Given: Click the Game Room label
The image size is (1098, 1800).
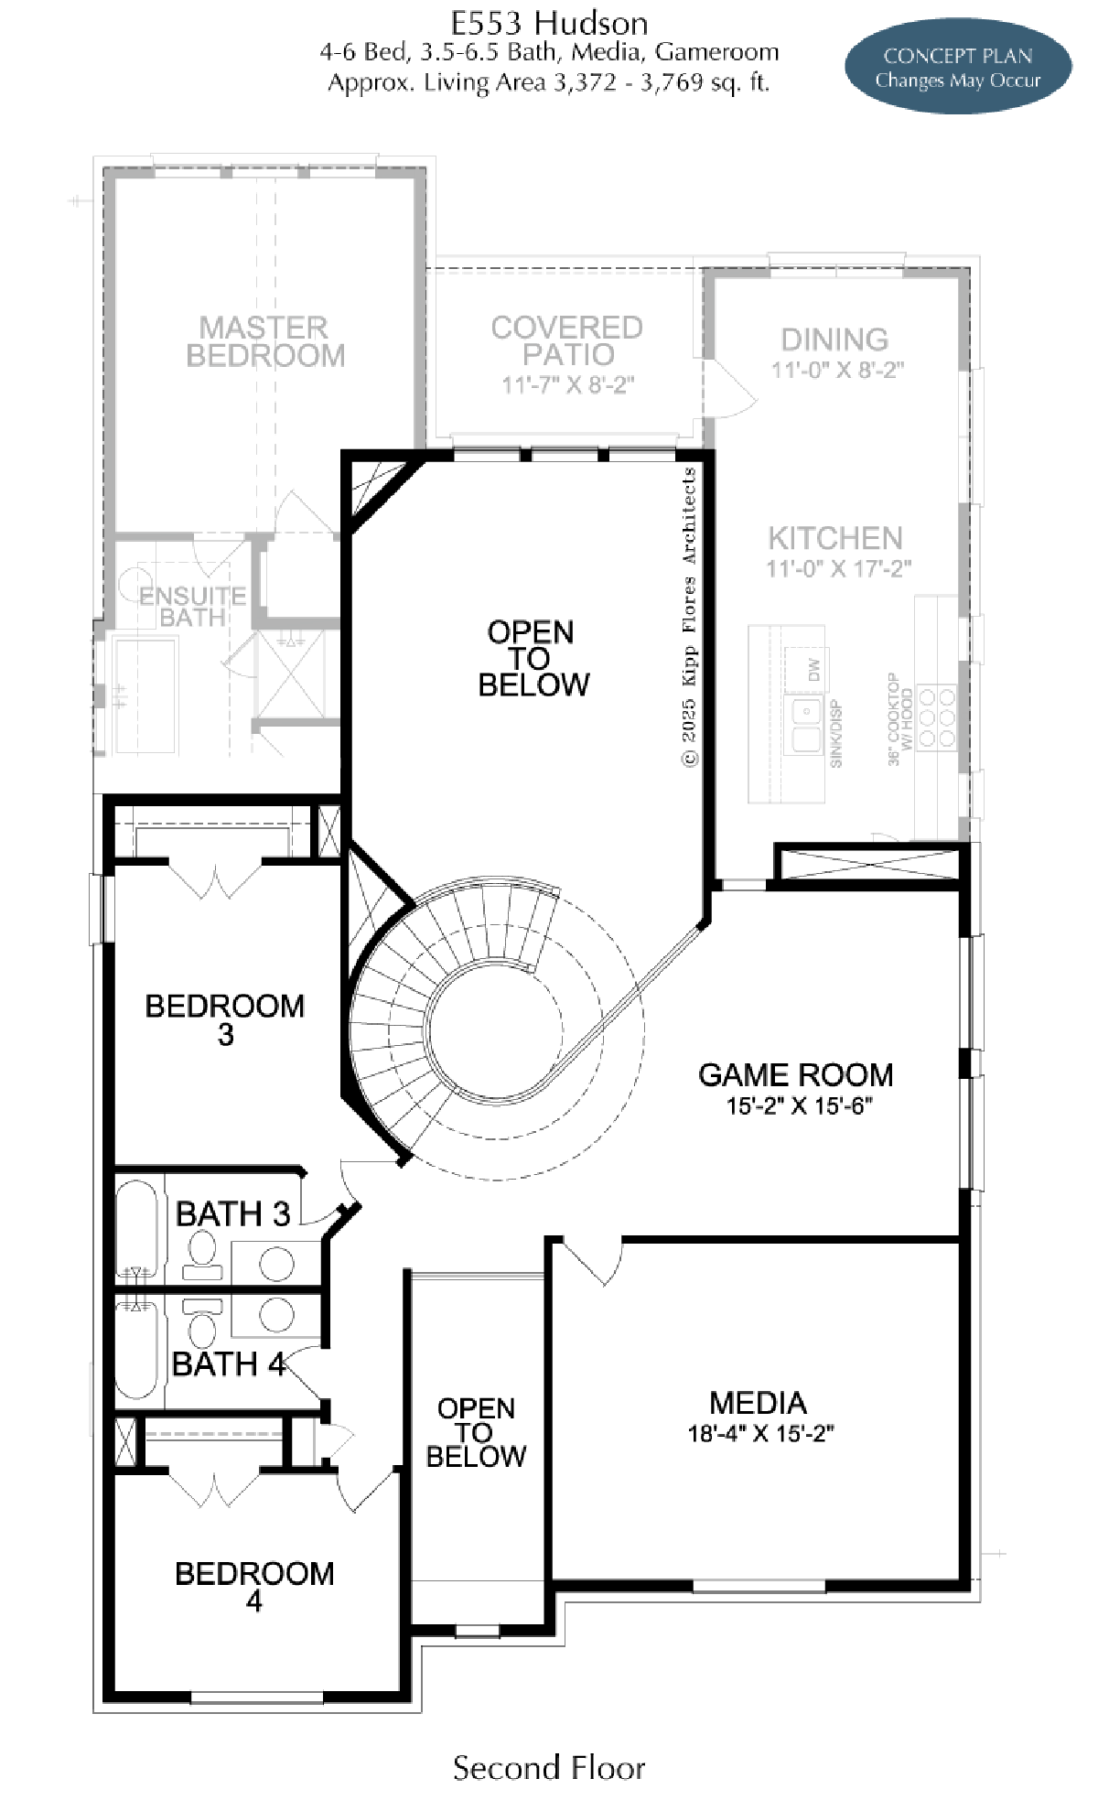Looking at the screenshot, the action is (x=795, y=1074).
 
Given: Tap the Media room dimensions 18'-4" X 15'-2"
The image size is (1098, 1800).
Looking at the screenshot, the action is (x=760, y=1434).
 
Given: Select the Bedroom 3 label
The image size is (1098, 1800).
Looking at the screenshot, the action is (x=225, y=1019).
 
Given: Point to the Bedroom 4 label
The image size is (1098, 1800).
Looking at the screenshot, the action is (x=254, y=1586).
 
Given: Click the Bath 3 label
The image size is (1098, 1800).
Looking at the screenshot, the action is (x=232, y=1214).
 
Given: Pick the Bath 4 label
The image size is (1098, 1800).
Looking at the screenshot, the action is (x=229, y=1364).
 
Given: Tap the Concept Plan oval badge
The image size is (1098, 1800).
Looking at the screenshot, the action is (x=958, y=67).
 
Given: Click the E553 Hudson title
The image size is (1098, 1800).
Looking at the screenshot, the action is (x=549, y=22).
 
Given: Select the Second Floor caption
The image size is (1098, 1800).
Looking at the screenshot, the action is (x=549, y=1768).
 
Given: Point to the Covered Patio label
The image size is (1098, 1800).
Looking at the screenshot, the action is (x=567, y=340).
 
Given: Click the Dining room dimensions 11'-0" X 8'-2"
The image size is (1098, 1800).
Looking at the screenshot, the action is (x=837, y=370).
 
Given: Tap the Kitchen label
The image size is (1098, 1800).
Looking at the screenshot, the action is (x=835, y=537).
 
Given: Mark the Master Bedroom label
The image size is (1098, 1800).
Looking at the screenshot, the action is (x=265, y=340).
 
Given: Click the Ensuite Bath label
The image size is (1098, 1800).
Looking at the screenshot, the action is (x=192, y=607).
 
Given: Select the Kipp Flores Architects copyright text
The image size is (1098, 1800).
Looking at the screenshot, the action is (x=689, y=617).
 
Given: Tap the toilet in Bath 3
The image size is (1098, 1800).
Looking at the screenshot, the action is (x=202, y=1255).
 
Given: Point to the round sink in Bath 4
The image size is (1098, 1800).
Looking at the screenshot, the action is (x=276, y=1315).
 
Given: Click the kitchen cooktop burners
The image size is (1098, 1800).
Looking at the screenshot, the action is (x=936, y=717).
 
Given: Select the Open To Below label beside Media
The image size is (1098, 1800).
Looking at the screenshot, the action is (x=477, y=1432).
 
